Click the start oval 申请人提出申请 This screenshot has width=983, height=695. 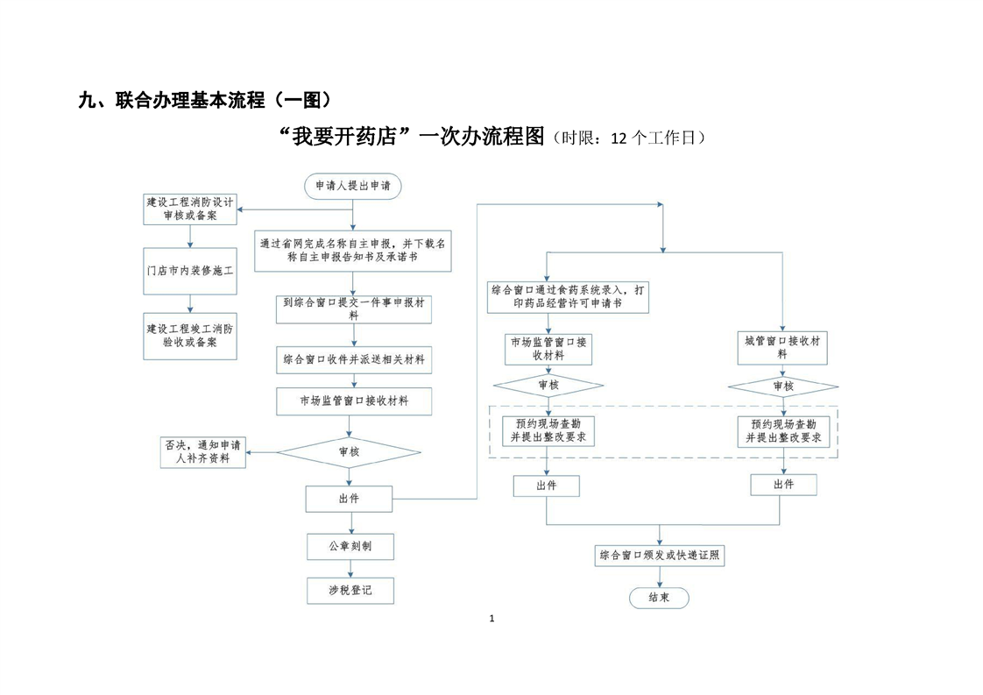click(x=353, y=186)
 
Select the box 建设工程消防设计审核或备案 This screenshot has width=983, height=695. click(x=190, y=209)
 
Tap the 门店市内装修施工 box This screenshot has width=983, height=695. click(x=190, y=271)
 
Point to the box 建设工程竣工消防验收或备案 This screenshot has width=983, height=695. click(x=190, y=336)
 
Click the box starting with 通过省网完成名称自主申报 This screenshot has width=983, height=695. click(x=352, y=251)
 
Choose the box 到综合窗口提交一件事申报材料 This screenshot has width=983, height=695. click(x=354, y=308)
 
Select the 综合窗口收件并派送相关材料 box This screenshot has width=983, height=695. click(x=354, y=359)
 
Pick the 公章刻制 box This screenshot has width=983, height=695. click(x=350, y=546)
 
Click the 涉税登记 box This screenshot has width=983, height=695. click(x=350, y=591)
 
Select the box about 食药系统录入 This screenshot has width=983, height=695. click(x=569, y=296)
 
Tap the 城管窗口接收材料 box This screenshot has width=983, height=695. click(x=782, y=348)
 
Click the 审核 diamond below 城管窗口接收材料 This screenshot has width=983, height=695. click(x=783, y=387)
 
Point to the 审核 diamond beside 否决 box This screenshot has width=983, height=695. click(x=349, y=452)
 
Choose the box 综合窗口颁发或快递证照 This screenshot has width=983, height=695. click(x=661, y=555)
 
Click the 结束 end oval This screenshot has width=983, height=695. click(x=660, y=598)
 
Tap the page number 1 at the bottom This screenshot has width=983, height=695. click(x=491, y=620)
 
